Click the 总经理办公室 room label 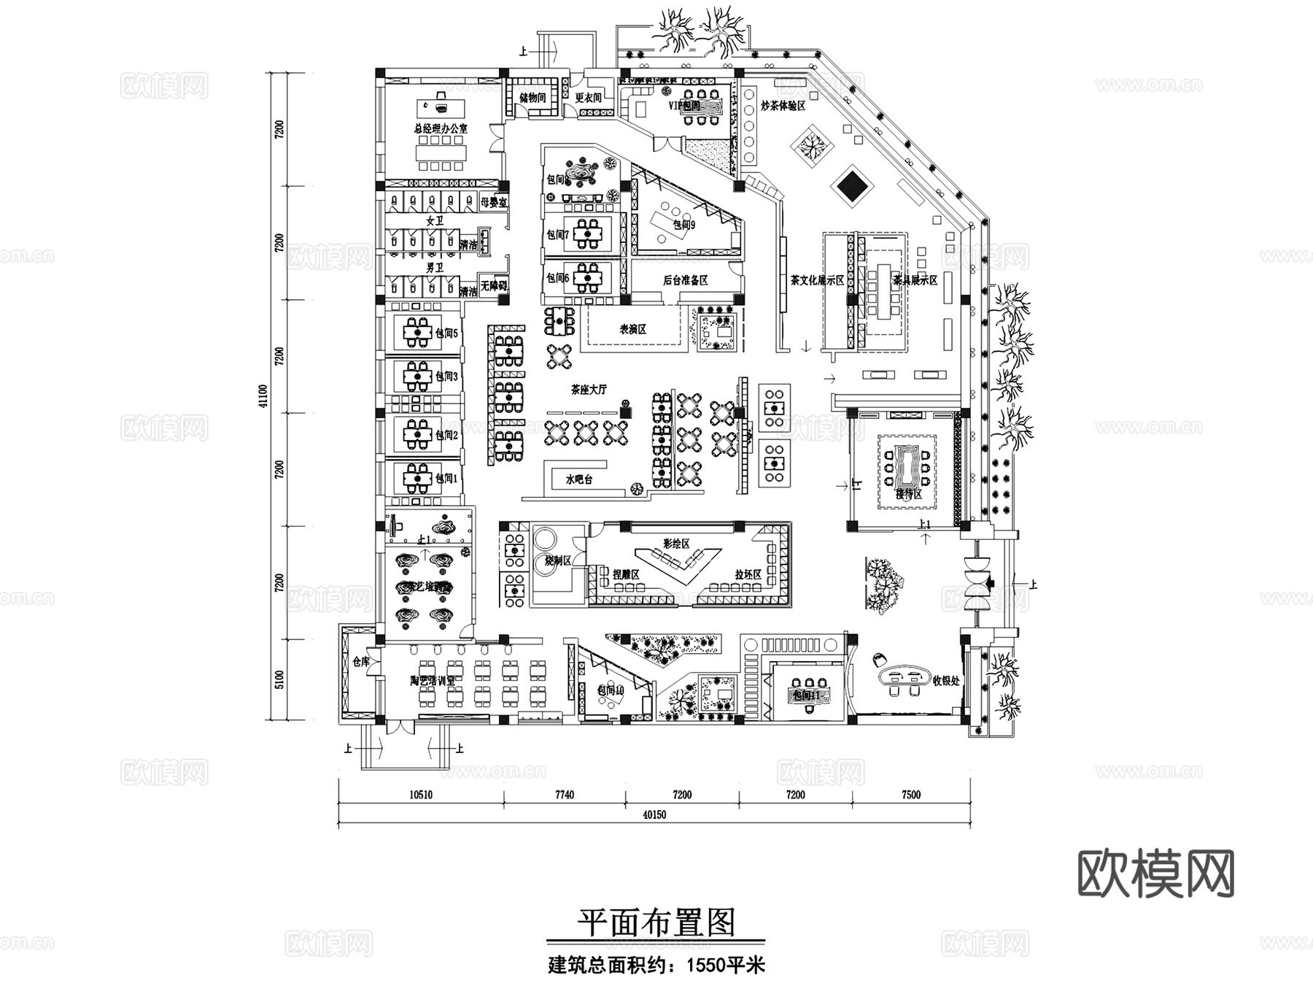coord(441,128)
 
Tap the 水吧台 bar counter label coord(579,479)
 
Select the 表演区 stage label coord(633,329)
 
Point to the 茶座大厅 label coord(589,390)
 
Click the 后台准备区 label coord(685,280)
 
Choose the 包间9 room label coord(683,225)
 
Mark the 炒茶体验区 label coord(783,106)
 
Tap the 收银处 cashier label coord(946,681)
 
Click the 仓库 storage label coord(361,662)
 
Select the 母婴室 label coord(494,202)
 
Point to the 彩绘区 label coord(676,544)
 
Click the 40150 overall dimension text coord(654,815)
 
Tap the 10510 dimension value coord(419,795)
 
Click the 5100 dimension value coord(279,679)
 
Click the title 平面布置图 coord(656,922)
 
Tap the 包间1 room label coord(446,479)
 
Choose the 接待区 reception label coord(909,494)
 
